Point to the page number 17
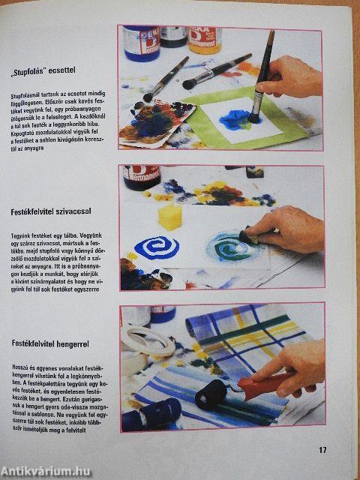click(x=322, y=450)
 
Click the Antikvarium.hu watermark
click(x=46, y=471)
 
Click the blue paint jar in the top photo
click(x=141, y=43)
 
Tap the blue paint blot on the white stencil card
click(x=234, y=118)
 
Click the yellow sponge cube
click(x=170, y=217)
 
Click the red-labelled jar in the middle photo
click(x=142, y=177)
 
